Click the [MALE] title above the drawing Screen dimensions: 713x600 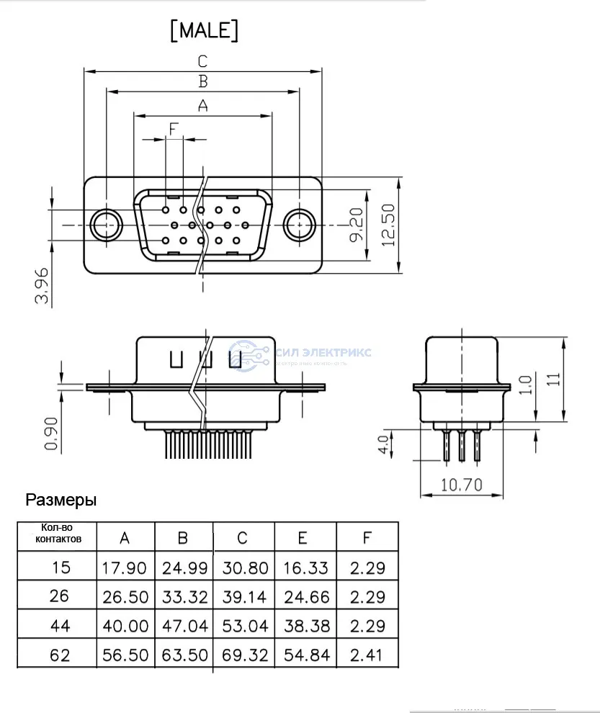click(203, 30)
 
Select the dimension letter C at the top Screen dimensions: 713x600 click(203, 60)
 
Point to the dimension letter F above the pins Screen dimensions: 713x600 click(174, 129)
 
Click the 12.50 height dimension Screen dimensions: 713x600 click(389, 225)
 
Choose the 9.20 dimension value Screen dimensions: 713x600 click(356, 225)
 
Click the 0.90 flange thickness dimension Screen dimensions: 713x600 click(51, 434)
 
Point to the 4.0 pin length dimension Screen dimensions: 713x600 click(384, 442)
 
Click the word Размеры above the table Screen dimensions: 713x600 click(61, 500)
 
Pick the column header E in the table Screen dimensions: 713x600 click(302, 537)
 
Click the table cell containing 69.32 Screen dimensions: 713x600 click(242, 655)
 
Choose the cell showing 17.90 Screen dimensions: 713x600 click(124, 568)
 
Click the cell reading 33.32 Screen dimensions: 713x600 click(182, 597)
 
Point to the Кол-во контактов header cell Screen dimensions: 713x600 click(58, 534)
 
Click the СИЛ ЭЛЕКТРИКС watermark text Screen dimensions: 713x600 click(323, 353)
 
